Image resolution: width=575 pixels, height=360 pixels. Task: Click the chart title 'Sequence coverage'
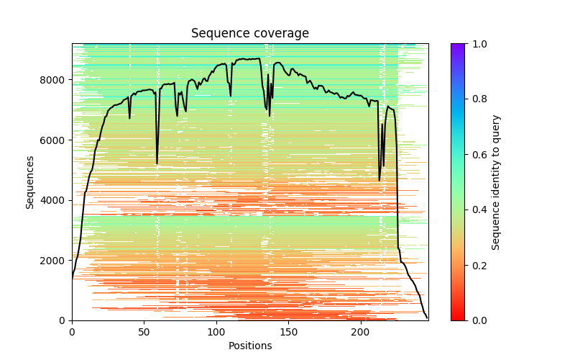pyautogui.click(x=250, y=34)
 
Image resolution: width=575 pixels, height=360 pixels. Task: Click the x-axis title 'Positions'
pyautogui.click(x=250, y=346)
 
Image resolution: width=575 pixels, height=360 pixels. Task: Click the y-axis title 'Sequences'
pyautogui.click(x=30, y=181)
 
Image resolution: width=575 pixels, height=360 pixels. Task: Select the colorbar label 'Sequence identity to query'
pyautogui.click(x=496, y=181)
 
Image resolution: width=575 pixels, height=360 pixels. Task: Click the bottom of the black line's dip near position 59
pyautogui.click(x=157, y=163)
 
